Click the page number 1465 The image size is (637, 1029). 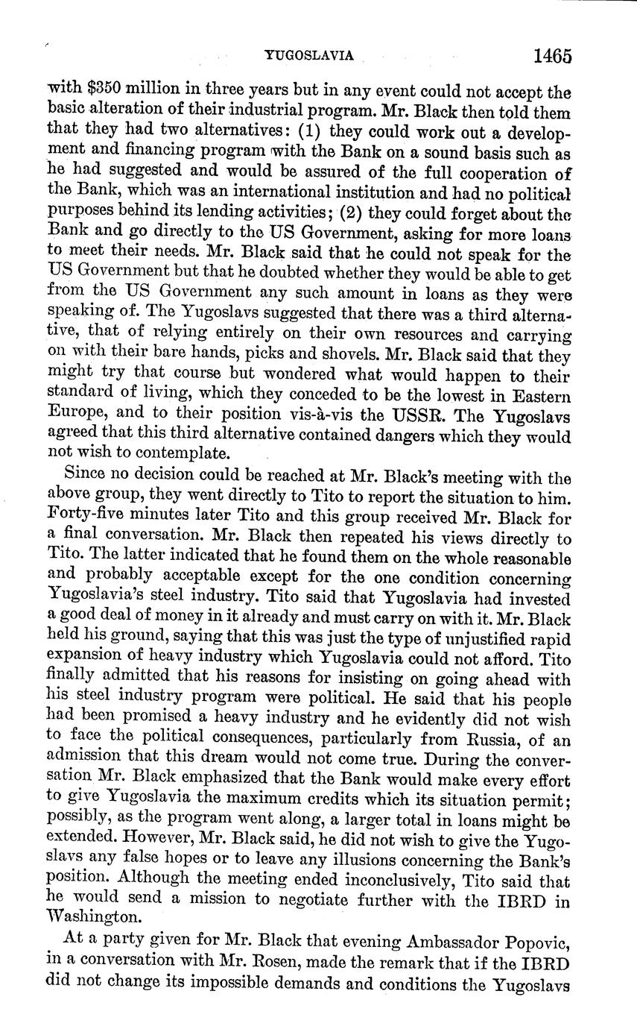[x=552, y=57]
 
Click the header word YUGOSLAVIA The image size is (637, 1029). [x=308, y=55]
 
